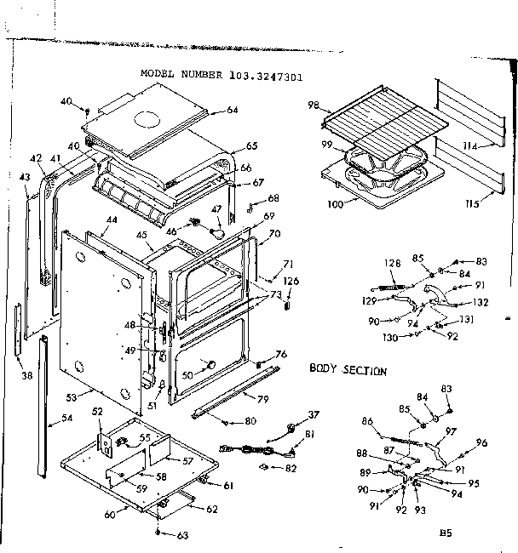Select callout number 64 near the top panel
click(x=232, y=110)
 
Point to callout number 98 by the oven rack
click(x=313, y=105)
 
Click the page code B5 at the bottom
click(x=444, y=534)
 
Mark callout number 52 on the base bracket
click(x=96, y=412)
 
